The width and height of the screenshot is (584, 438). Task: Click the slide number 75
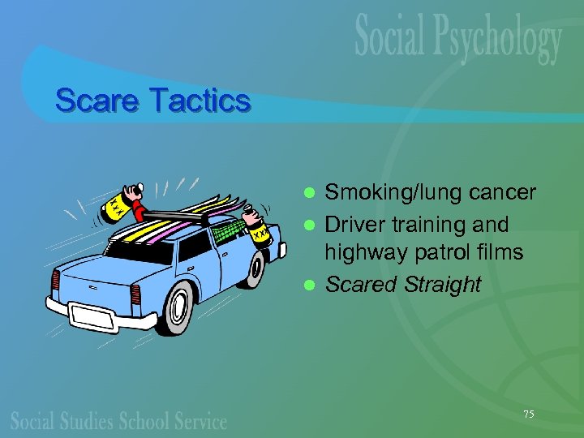(x=529, y=414)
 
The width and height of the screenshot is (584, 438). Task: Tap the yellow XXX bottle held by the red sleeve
(x=114, y=208)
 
